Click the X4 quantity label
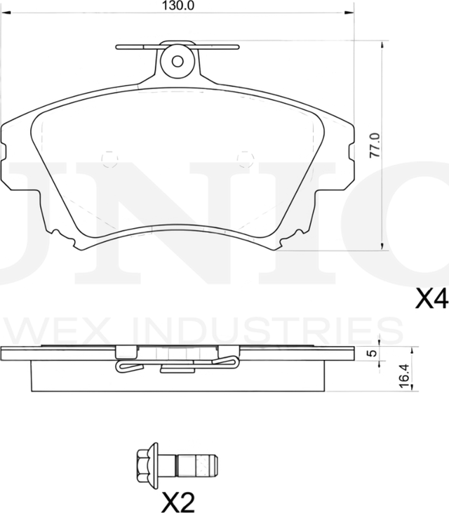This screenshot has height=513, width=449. pyautogui.click(x=431, y=300)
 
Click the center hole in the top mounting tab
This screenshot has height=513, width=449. pyautogui.click(x=177, y=60)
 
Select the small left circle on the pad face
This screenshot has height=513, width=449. pyautogui.click(x=109, y=161)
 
